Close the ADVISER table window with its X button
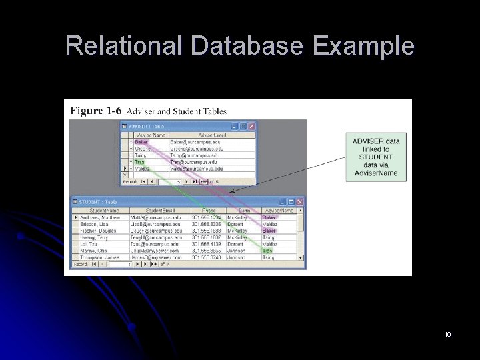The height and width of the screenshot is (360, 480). point(251,125)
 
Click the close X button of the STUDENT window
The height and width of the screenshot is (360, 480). point(299,202)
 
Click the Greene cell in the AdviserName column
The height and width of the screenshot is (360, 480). point(144,149)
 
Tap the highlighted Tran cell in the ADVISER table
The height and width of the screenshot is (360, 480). point(140,162)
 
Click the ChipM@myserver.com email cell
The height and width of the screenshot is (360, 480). point(155,251)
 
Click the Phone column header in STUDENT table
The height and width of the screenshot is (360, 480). point(209,211)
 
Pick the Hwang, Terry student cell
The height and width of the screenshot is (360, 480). point(96,237)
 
